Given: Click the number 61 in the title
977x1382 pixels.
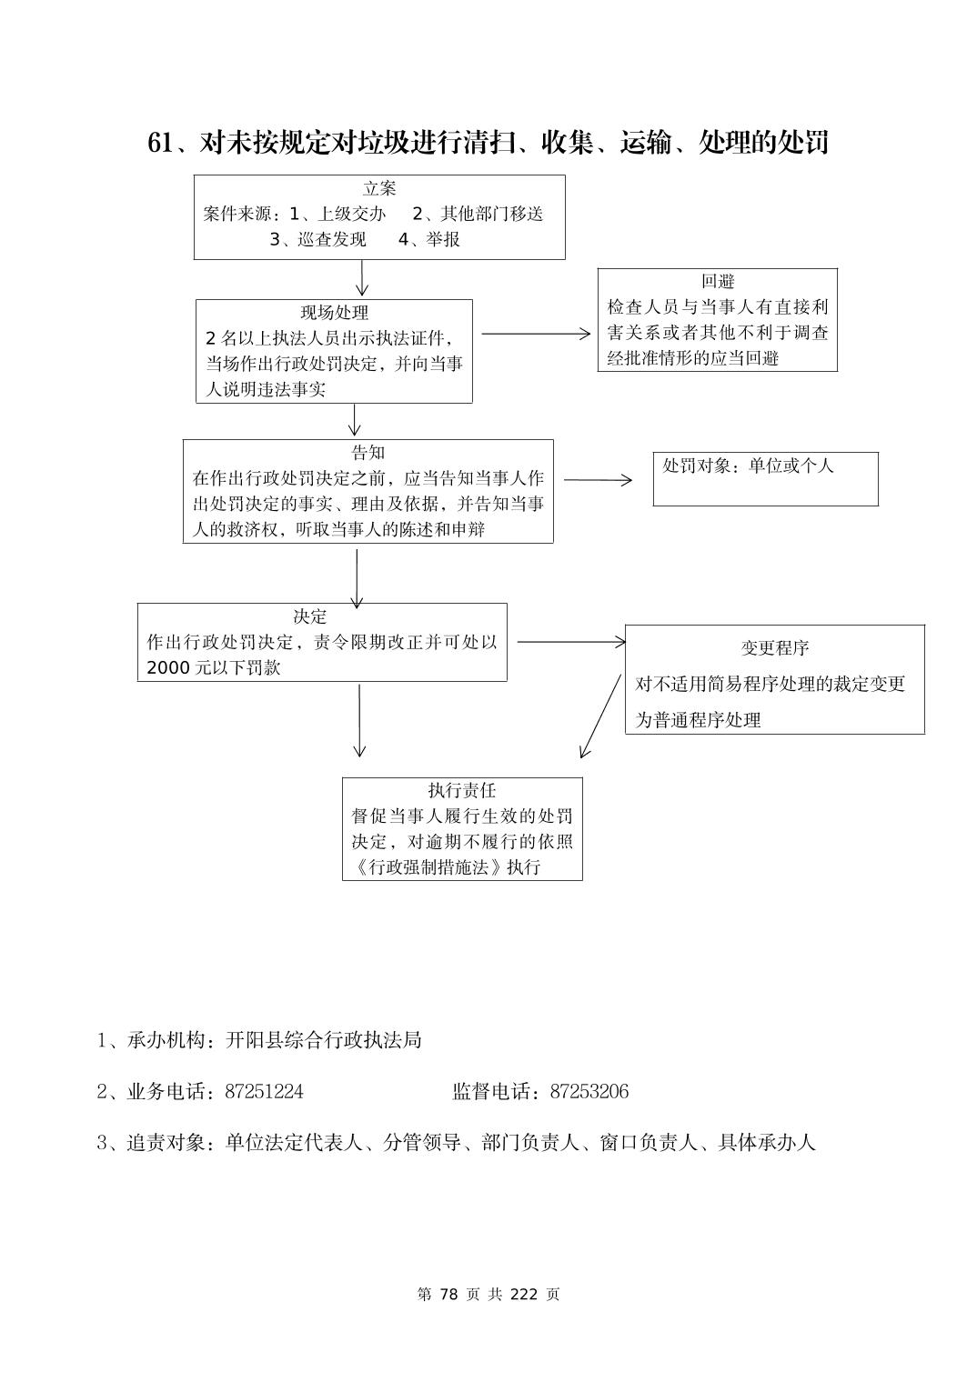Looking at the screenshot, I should tap(159, 143).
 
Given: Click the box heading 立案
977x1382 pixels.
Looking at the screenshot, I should tap(379, 188).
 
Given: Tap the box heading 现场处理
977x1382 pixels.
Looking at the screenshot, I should tap(334, 313).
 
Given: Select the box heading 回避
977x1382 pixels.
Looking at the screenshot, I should tap(717, 282).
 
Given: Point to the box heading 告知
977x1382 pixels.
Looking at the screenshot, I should tap(368, 453).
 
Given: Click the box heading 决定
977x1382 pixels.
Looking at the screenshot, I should tap(309, 616).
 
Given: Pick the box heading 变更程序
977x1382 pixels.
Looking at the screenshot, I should tap(774, 648).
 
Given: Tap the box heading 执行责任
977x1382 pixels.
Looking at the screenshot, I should tap(462, 791).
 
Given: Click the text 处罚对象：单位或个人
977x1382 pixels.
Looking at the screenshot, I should tap(748, 466).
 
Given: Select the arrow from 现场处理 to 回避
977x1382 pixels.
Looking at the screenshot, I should tap(535, 334).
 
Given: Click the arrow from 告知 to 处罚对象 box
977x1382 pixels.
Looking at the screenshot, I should tap(597, 479).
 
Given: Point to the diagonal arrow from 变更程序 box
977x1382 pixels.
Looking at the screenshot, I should tap(600, 716).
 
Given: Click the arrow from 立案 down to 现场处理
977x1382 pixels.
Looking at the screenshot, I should tap(362, 278).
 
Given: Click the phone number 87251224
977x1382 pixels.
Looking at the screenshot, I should tap(264, 1091).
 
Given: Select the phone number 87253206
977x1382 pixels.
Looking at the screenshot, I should tap(589, 1091).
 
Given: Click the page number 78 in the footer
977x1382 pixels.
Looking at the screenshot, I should tap(448, 1295).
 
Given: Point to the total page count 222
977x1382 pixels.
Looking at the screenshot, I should tap(524, 1295).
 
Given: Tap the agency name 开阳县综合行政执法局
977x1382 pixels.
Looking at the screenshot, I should tap(323, 1040).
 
